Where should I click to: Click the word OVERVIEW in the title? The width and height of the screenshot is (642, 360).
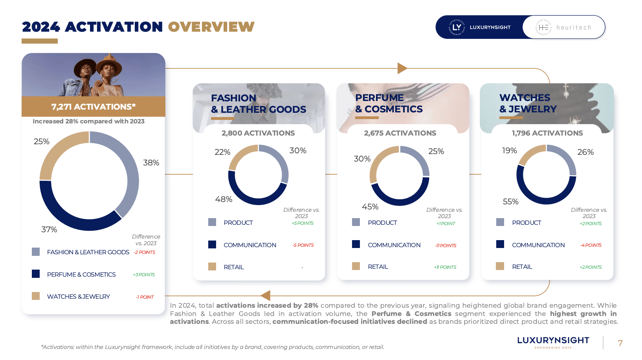pos(211,27)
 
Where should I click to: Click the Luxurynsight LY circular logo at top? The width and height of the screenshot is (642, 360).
pos(457,28)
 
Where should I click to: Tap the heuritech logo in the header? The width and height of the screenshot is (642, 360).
pos(564,28)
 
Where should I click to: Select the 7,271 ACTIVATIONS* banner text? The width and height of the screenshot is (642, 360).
pos(94,107)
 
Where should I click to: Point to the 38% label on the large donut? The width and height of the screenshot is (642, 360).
pos(151,163)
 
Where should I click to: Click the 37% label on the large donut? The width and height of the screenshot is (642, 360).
pos(49,230)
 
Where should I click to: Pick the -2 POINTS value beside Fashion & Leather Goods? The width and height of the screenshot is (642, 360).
pos(145,252)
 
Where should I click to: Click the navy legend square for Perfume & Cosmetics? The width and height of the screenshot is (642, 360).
pos(36,274)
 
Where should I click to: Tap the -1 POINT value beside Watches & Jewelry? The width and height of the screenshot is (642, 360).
pos(145,297)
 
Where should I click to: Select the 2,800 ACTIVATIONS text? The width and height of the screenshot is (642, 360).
pos(258,133)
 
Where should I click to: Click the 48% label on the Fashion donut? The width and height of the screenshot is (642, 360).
pos(224,199)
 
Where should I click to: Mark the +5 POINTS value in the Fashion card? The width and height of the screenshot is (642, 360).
pos(303,223)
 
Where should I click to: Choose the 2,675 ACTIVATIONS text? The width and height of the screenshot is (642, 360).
pos(400,133)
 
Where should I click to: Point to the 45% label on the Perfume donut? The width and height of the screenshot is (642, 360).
pos(370,207)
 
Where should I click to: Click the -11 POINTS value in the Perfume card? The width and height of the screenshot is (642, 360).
pos(446,246)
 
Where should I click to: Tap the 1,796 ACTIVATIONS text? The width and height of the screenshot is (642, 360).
pos(547,133)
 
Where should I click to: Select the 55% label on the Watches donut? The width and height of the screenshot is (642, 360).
pos(511,202)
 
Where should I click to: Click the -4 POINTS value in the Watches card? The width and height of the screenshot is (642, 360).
pos(591,245)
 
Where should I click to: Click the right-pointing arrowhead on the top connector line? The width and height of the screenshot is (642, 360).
pos(402,68)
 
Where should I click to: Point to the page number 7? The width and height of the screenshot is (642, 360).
pos(620,343)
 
